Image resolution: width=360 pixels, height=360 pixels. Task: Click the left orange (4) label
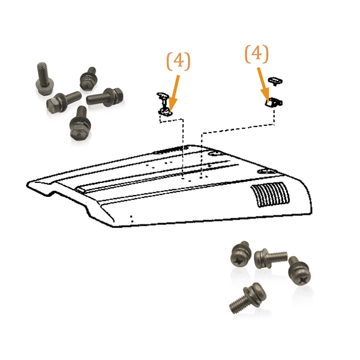point(178,62)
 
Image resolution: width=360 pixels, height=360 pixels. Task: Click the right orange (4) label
point(256,54)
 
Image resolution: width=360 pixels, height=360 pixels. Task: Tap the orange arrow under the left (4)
point(175,90)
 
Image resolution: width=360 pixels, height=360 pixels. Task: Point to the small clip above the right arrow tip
point(275,80)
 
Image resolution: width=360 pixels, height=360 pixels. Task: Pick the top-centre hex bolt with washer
point(89,77)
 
